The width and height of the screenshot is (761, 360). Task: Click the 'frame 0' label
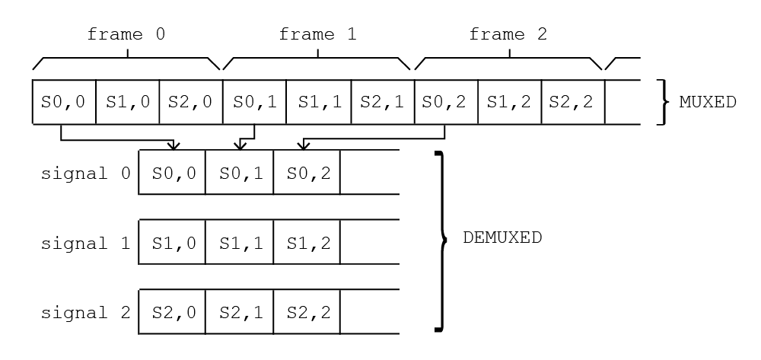point(126,34)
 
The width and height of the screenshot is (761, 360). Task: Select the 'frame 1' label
point(317,34)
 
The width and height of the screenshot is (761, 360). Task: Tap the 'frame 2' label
point(508,34)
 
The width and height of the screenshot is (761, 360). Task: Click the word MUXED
point(708,101)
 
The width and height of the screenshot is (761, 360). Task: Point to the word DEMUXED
point(502,237)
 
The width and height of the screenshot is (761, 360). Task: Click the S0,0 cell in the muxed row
point(64,101)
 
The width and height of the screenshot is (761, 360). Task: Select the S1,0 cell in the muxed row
point(127,101)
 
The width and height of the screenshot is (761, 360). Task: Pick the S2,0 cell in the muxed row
point(191,101)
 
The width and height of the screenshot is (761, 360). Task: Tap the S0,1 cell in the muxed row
point(254,101)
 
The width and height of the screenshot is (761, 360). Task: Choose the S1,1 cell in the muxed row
point(318,101)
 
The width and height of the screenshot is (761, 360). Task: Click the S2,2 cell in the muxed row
point(572,101)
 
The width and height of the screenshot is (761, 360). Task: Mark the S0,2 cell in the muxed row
point(445,101)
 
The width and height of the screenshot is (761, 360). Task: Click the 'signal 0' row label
point(86,173)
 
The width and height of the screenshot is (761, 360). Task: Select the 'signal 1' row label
point(86,243)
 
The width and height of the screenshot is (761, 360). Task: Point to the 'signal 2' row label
point(86,312)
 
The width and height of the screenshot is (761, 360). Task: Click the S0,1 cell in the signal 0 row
point(240,173)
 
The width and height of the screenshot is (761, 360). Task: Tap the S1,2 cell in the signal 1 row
point(307,243)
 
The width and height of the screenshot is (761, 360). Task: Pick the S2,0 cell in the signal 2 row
point(173,312)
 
